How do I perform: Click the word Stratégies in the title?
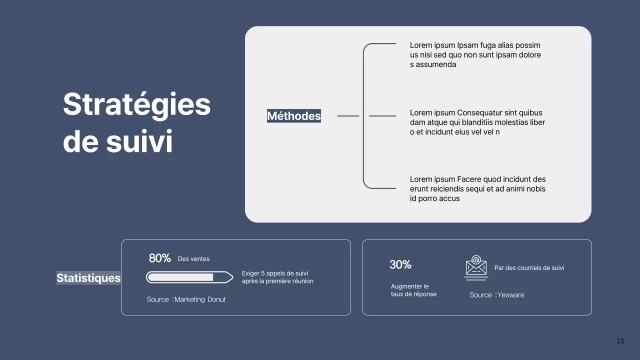pyautogui.click(x=136, y=104)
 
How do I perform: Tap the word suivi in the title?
pyautogui.click(x=139, y=142)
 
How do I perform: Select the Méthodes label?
pyautogui.click(x=293, y=116)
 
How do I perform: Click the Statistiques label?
pyautogui.click(x=88, y=278)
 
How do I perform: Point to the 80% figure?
pyautogui.click(x=159, y=258)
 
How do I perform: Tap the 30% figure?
pyautogui.click(x=400, y=265)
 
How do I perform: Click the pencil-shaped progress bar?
pyautogui.click(x=189, y=277)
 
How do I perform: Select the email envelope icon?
pyautogui.click(x=476, y=267)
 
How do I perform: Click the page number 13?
pyautogui.click(x=620, y=341)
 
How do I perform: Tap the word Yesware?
pyautogui.click(x=511, y=295)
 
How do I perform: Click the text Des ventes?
pyautogui.click(x=193, y=259)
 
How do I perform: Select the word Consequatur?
pyautogui.click(x=481, y=113)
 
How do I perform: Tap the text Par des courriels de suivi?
pyautogui.click(x=529, y=268)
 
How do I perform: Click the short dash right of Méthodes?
pyautogui.click(x=348, y=116)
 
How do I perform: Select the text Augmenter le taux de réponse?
pyautogui.click(x=413, y=290)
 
